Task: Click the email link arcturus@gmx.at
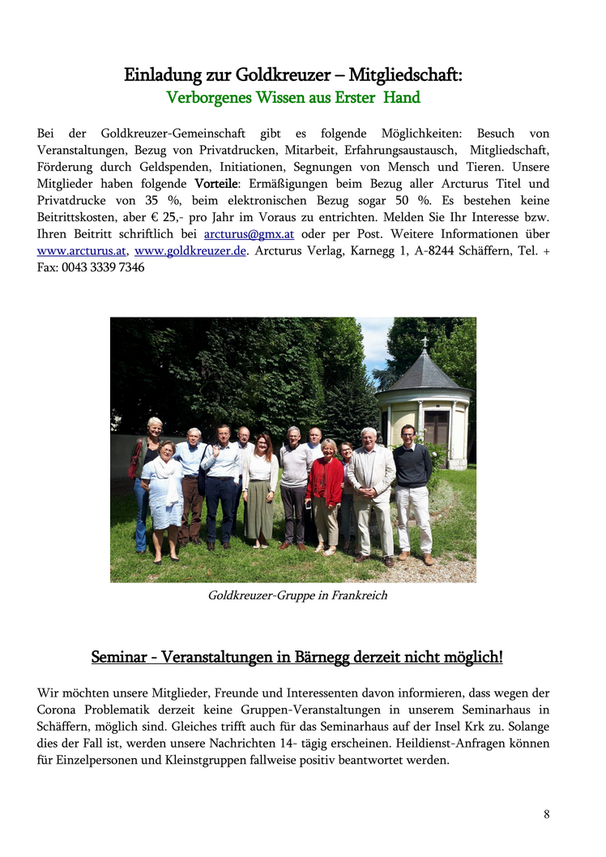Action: (x=249, y=234)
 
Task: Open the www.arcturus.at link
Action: (x=82, y=250)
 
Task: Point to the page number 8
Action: (x=546, y=814)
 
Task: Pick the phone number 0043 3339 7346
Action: (x=103, y=267)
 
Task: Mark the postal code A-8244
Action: (x=432, y=250)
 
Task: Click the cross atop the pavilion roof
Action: (x=423, y=343)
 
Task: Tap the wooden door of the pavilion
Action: (x=436, y=428)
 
